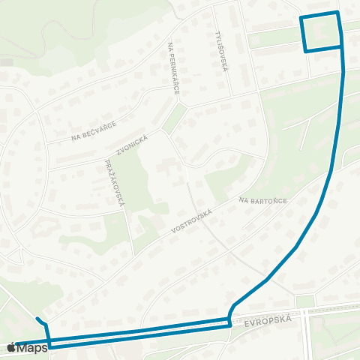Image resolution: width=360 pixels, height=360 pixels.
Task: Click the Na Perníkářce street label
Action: pyautogui.click(x=174, y=68)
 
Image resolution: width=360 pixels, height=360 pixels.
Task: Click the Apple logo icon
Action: pyautogui.click(x=13, y=347)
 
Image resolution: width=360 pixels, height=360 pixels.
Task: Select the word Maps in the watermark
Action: pyautogui.click(x=34, y=347)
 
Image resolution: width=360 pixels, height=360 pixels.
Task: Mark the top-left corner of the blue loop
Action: pyautogui.click(x=301, y=17)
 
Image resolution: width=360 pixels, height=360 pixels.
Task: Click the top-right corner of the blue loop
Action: pyautogui.click(x=338, y=13)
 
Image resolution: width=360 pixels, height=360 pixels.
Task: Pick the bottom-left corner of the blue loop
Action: pyautogui.click(x=306, y=52)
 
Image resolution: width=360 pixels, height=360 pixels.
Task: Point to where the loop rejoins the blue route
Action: pyautogui.click(x=343, y=47)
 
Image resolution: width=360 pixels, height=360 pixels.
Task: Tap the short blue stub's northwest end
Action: pyautogui.click(x=37, y=318)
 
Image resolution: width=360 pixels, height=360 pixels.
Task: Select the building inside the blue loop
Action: pyautogui.click(x=321, y=31)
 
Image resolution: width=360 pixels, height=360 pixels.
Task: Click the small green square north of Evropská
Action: pyautogui.click(x=304, y=301)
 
